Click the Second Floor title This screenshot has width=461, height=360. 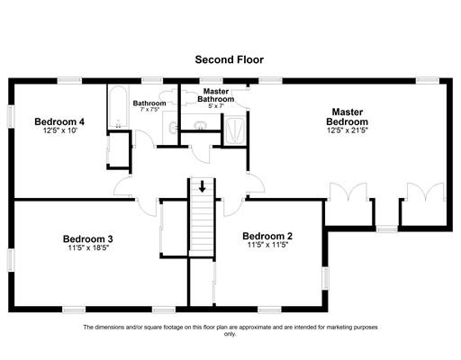[x=230, y=59]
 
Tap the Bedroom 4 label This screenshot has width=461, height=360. [x=59, y=121]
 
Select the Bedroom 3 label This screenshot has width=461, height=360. [x=88, y=238]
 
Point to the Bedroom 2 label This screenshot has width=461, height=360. [x=267, y=236]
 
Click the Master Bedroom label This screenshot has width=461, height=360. [x=348, y=117]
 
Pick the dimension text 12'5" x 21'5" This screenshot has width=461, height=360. [x=348, y=130]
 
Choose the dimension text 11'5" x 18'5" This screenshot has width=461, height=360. [x=88, y=247]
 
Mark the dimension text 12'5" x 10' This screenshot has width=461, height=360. [x=60, y=130]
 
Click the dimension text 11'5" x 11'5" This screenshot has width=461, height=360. [x=267, y=245]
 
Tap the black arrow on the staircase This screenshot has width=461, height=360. [x=203, y=186]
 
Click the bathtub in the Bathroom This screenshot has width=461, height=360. [x=118, y=107]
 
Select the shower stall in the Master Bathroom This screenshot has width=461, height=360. [x=235, y=130]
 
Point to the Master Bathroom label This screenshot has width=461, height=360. [x=216, y=94]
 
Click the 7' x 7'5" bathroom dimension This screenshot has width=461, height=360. [x=149, y=110]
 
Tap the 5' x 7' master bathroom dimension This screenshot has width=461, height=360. [x=216, y=106]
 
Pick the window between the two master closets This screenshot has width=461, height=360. [x=387, y=229]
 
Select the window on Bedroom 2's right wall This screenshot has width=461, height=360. [x=325, y=278]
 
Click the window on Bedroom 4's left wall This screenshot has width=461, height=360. [x=11, y=116]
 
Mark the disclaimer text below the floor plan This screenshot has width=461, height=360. [x=230, y=330]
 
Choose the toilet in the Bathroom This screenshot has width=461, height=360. [x=167, y=97]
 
